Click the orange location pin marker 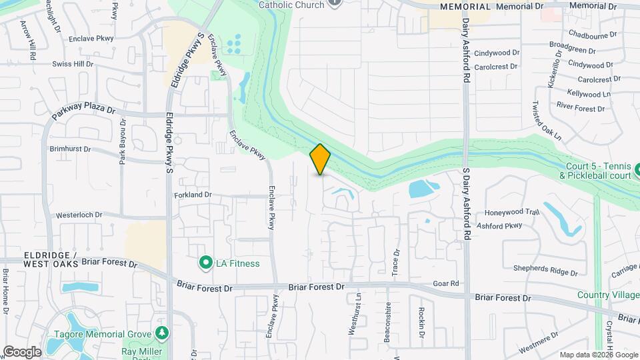tap(320, 159)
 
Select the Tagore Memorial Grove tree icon tap(160, 333)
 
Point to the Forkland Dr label tap(193, 195)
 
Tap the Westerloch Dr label tap(79, 215)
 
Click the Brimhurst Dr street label tap(69, 150)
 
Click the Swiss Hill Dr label tap(73, 64)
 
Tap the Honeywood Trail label tap(512, 212)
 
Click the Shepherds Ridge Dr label tap(545, 270)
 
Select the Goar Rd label tap(446, 283)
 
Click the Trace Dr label tap(396, 263)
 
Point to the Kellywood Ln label tap(589, 94)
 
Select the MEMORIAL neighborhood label tap(465, 7)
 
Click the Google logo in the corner tap(22, 351)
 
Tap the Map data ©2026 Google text tap(598, 355)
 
